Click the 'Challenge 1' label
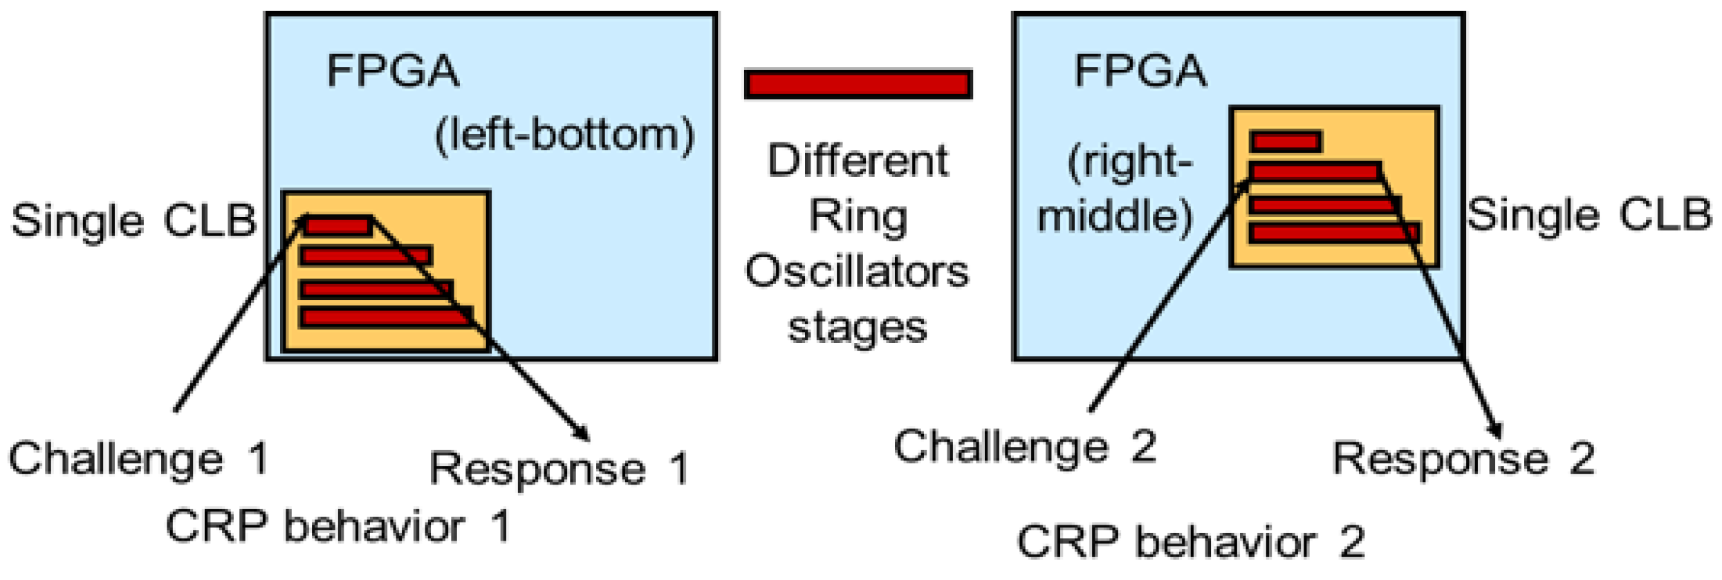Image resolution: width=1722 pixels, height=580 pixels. (x=138, y=458)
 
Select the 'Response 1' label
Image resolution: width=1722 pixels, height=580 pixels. (x=559, y=469)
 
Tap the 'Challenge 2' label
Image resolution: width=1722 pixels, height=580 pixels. (x=1024, y=447)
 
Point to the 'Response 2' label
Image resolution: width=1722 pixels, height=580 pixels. (x=1463, y=458)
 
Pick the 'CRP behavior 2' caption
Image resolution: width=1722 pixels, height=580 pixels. (x=1190, y=541)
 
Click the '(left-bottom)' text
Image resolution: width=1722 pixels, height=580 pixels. (x=564, y=135)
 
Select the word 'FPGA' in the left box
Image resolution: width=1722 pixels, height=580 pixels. (x=392, y=71)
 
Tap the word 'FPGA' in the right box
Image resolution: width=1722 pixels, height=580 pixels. (x=1140, y=71)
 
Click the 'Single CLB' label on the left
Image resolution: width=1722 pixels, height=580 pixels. (x=133, y=221)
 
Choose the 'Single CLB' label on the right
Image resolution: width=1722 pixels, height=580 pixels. (x=1589, y=215)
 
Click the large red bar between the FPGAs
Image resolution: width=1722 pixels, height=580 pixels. (x=858, y=84)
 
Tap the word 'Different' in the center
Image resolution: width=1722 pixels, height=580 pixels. (x=858, y=160)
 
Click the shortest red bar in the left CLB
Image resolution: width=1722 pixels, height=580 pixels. (x=337, y=226)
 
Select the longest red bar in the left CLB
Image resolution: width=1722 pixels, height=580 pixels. (x=386, y=317)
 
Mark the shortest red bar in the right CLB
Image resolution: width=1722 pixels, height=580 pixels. (x=1285, y=142)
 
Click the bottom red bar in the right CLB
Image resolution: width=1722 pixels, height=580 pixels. (x=1334, y=232)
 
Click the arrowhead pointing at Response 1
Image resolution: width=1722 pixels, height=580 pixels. (x=583, y=434)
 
